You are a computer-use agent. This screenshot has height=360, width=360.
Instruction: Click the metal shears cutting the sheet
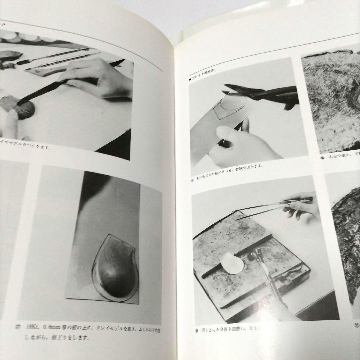pos(263,95)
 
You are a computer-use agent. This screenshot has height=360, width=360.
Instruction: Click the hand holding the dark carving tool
pos(100,78)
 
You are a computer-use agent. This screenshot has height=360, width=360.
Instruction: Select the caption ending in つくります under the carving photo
pos(25,146)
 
